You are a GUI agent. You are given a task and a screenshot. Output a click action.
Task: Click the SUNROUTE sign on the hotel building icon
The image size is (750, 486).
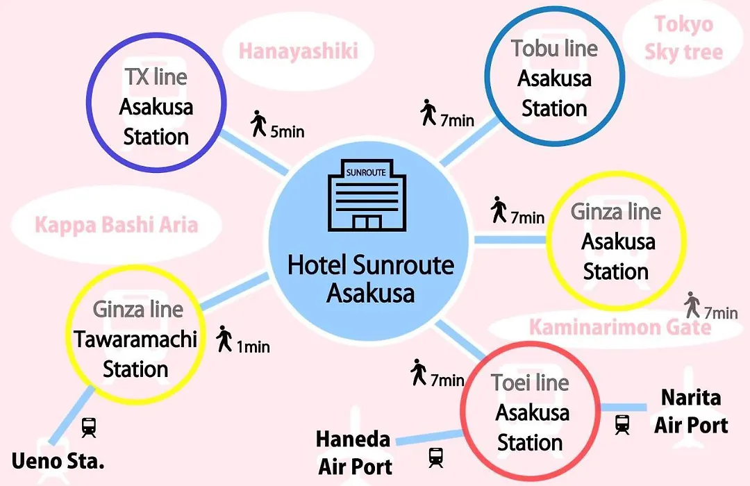pos(366,172)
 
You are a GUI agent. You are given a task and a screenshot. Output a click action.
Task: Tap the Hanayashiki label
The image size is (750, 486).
pos(299,51)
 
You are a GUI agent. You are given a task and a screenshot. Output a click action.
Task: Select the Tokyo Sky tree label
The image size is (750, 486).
pos(683,37)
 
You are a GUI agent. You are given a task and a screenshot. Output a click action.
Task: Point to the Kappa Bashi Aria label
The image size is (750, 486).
pos(116,225)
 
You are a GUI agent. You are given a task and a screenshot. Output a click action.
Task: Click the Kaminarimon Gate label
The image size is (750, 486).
pos(620,327)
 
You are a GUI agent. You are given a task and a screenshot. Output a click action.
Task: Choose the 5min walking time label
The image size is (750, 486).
pos(287,131)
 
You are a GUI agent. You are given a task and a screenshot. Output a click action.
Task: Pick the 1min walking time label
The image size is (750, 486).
pos(253,346)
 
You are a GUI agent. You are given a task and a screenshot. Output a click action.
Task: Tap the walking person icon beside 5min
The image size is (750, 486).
pos(258,124)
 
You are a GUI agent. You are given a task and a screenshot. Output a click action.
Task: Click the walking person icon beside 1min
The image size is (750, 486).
pos(224,339)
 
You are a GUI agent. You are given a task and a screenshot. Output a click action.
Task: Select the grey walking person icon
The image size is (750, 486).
pos(692,305)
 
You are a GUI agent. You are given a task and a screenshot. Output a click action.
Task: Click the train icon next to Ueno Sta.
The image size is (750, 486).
pos(89,427)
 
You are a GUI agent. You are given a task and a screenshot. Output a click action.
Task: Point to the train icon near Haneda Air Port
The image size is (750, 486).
pos(435,458)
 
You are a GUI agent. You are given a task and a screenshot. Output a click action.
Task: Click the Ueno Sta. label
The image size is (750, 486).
pos(58,461)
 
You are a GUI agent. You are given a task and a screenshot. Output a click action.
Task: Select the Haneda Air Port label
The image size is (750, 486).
pos(354,453)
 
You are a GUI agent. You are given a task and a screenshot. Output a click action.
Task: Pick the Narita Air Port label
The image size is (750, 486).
pos(691,411)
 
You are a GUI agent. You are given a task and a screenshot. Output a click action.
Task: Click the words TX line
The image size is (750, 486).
pos(156,77)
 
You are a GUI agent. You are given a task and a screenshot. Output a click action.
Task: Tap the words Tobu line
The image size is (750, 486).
pos(554,49)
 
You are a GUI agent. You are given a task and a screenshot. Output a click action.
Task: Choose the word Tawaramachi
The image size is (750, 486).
pos(135,339)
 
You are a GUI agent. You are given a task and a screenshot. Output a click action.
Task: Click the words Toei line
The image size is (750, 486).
pos(530,383)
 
